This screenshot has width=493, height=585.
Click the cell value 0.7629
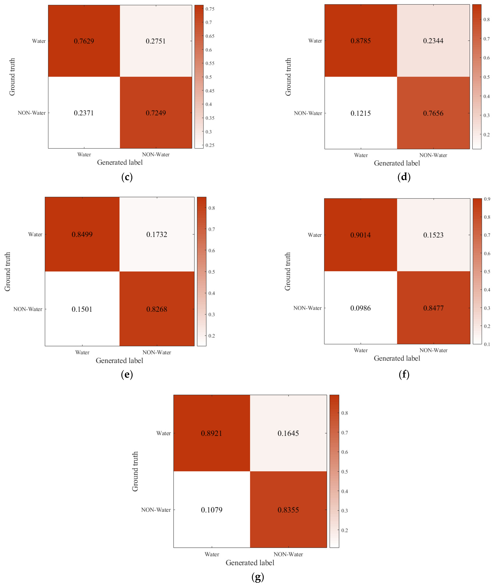coord(84,41)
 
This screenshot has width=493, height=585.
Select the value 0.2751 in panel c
coord(156,41)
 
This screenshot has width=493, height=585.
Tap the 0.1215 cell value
coord(361,113)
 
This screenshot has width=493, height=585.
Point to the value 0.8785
coord(361,41)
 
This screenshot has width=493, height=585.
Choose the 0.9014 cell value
coord(361,235)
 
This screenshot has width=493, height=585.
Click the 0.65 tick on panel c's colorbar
coord(210,36)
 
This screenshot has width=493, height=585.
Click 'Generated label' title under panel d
coord(397,163)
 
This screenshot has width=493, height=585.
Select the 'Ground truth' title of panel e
coord(7,272)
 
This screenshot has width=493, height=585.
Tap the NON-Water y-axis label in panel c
coord(32,113)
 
